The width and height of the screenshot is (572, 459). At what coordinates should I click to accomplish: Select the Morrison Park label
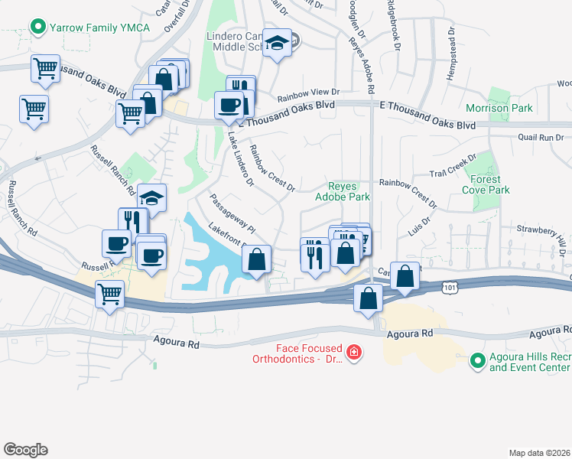[x=499, y=108]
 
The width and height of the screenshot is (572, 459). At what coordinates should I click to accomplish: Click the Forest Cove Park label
[x=485, y=184]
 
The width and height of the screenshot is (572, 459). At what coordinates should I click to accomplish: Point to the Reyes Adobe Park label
[x=349, y=191]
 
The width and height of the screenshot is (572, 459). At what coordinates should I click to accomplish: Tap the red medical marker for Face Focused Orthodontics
[x=353, y=353]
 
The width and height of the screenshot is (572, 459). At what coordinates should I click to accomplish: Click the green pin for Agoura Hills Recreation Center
[x=478, y=360]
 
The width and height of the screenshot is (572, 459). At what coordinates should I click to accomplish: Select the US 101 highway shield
[x=450, y=285]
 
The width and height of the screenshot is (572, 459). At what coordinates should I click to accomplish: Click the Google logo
[x=25, y=450]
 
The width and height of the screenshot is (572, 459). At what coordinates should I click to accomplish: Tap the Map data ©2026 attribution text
[x=539, y=453]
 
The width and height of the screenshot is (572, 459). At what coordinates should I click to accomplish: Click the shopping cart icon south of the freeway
[x=110, y=292]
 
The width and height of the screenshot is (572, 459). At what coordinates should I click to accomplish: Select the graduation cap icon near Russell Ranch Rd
[x=152, y=197]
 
